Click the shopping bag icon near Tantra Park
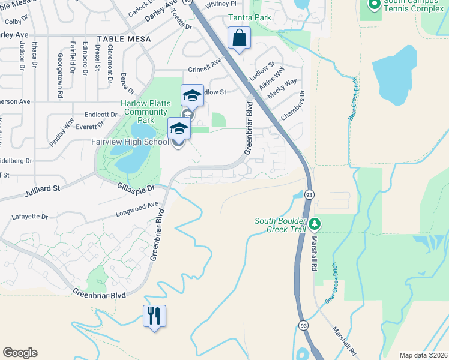tap(240, 38)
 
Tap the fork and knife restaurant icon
tap(154, 315)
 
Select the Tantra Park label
tap(249, 17)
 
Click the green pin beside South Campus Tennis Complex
tap(374, 5)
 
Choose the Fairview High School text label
tap(130, 142)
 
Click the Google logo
tap(20, 353)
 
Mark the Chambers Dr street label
tap(292, 105)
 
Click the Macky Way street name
tap(282, 89)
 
